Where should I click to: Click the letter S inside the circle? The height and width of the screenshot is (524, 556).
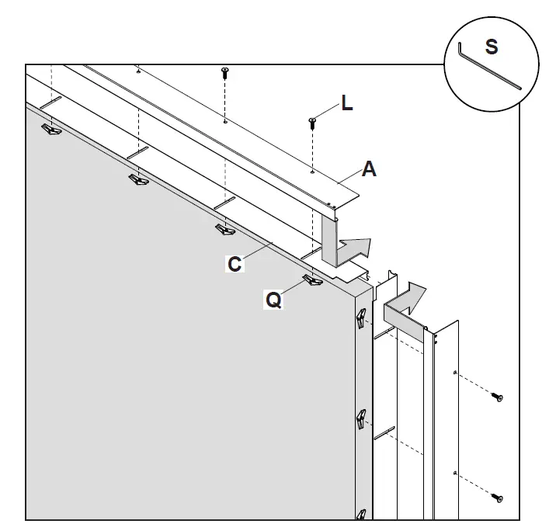click(491, 47)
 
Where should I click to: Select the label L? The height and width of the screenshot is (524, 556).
click(346, 103)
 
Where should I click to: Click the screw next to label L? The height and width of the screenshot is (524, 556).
click(312, 121)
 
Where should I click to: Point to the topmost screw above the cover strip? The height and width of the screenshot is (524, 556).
click(225, 72)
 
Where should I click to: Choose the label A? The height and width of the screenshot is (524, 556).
click(369, 168)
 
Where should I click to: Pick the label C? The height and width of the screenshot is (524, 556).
click(235, 264)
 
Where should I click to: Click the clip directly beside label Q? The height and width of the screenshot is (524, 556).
click(314, 279)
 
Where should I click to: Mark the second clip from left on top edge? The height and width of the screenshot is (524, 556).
click(139, 180)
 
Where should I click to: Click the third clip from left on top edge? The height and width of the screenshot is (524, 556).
click(224, 230)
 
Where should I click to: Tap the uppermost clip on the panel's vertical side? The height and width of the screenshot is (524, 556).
click(360, 319)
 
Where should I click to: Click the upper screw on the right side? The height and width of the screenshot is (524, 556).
click(496, 397)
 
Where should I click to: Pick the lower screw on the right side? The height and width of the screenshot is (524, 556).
click(496, 497)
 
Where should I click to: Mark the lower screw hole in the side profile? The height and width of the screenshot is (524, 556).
click(453, 471)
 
